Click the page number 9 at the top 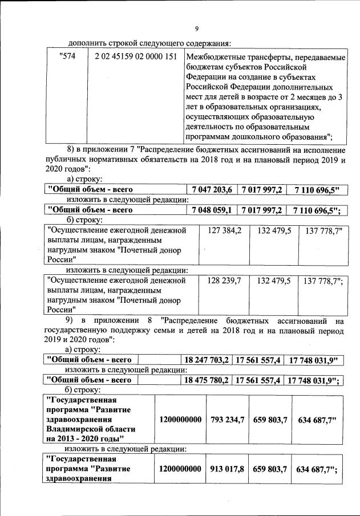(196, 29)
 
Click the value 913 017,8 (227, 469)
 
